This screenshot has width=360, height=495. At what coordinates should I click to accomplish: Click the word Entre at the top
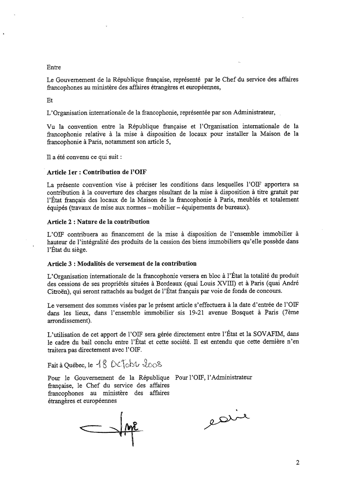(53, 67)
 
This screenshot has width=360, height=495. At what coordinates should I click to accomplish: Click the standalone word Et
(49, 100)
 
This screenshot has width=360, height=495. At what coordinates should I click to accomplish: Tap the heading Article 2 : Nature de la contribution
(98, 221)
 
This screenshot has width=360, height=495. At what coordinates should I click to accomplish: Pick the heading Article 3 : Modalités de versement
(122, 263)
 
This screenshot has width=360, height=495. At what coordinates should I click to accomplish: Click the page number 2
(298, 463)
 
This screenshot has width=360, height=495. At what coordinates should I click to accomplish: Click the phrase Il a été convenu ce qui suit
(80, 156)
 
